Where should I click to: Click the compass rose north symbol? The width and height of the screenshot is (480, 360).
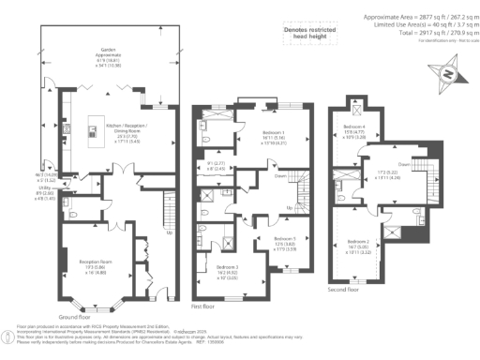point(447,74)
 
